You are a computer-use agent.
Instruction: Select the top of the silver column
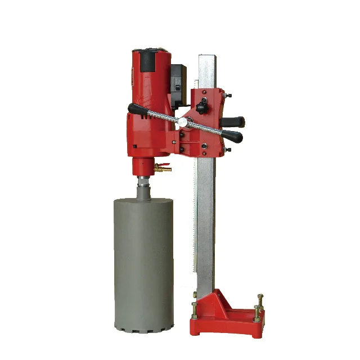coord(206,58)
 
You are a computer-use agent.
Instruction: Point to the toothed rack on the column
coord(195,225)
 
